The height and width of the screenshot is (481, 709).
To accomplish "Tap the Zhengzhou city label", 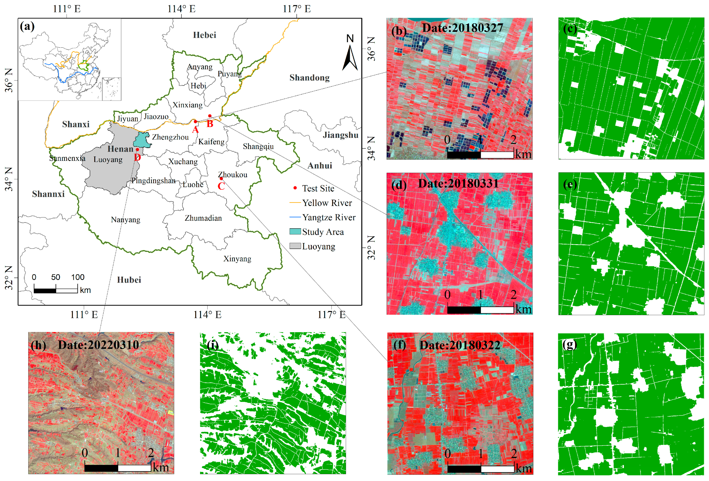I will tap(170, 137).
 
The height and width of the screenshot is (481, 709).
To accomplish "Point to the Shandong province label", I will tap(309, 78).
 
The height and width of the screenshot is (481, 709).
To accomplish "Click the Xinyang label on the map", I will tap(237, 259).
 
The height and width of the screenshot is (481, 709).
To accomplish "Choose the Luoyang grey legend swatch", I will tap(295, 246).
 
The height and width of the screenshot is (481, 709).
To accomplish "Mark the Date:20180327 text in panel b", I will tap(462, 28).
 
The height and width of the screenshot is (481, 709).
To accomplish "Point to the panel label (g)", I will tap(569, 344).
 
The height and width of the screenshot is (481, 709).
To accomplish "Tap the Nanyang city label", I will tap(125, 220).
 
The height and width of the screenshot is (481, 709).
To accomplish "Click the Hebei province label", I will tap(204, 35).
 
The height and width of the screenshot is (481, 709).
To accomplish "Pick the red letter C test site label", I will tap(221, 186).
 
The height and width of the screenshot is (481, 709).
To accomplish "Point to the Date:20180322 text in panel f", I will tap(460, 345).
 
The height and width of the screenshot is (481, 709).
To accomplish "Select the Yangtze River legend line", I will tap(295, 217).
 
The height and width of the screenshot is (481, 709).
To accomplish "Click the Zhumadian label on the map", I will tap(203, 218).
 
